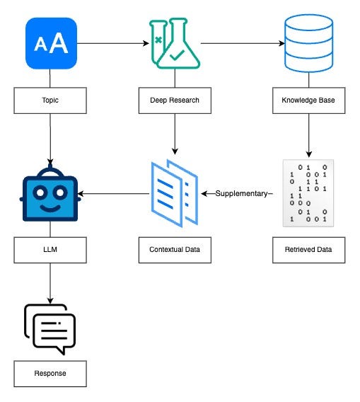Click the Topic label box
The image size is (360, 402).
tap(50, 100)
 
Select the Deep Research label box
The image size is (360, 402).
tap(175, 100)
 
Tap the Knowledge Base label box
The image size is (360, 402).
tap(309, 100)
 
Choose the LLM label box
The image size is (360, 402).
tap(50, 250)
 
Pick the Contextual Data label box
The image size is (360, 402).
tap(175, 250)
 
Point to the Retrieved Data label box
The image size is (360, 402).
tap(309, 250)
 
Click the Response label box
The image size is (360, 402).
tap(50, 374)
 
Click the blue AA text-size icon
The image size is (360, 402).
tap(51, 43)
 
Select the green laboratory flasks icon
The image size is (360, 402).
tap(175, 43)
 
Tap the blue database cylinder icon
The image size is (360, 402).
tap(309, 43)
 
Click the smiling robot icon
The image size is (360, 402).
tap(50, 193)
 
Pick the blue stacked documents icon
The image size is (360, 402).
tap(175, 193)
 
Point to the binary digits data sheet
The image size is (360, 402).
tap(308, 193)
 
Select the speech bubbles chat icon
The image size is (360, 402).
tap(50, 330)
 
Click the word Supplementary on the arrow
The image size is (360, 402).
tap(241, 193)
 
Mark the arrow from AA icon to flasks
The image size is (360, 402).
tap(113, 43)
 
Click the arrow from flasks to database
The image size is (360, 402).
tap(243, 43)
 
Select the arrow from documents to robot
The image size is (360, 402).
tap(113, 193)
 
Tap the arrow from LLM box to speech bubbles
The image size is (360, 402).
tap(50, 283)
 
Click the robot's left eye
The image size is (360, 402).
tap(40, 193)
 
